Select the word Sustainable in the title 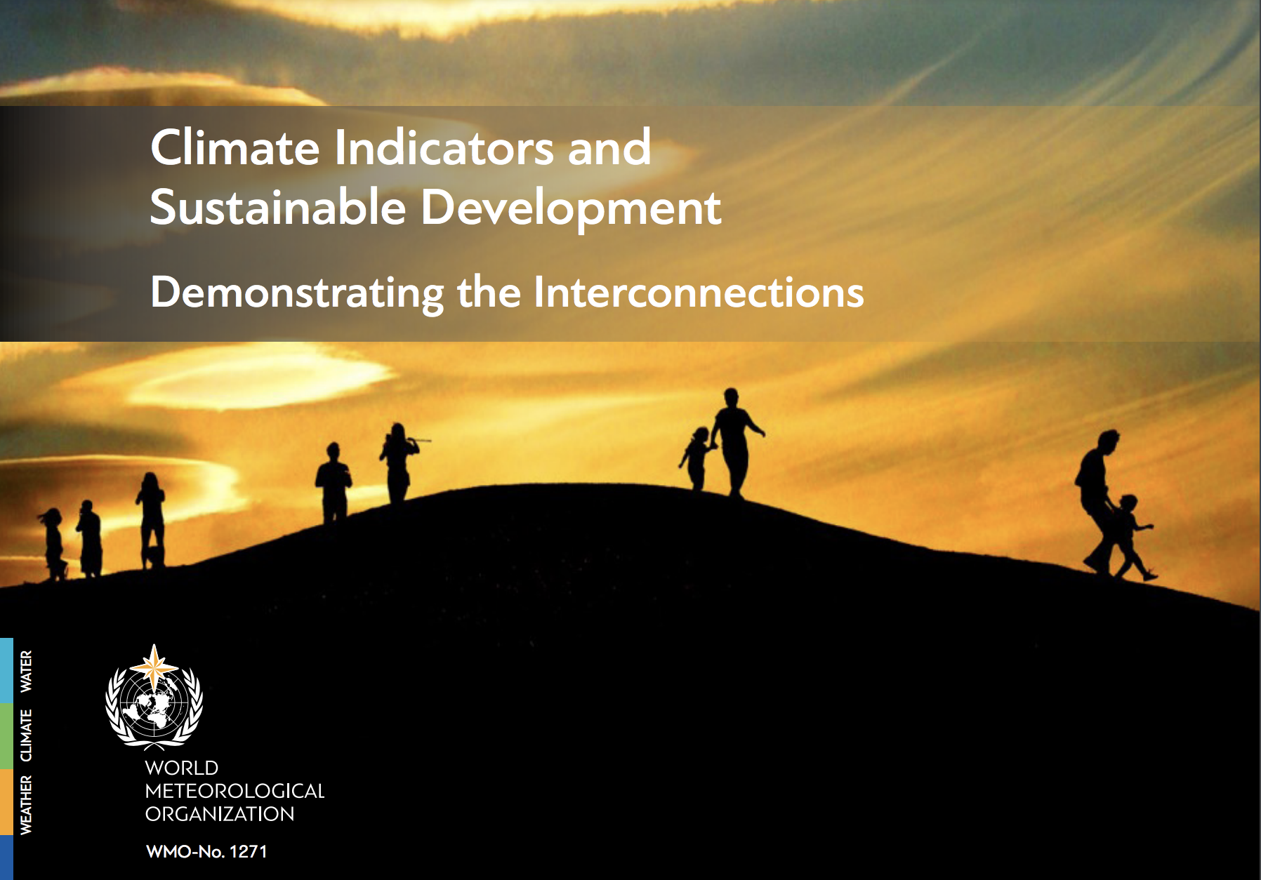(x=278, y=208)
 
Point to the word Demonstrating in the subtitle (x=297, y=293)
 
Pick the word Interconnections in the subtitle (x=699, y=292)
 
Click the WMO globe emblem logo (x=154, y=698)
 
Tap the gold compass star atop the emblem (x=154, y=664)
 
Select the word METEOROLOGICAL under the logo (x=235, y=791)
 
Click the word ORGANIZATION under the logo (x=220, y=814)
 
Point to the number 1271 (x=249, y=852)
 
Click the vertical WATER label (x=26, y=672)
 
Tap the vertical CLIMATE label (x=26, y=735)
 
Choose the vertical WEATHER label (x=26, y=805)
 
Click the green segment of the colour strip (x=6, y=735)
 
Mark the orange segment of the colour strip (x=6, y=802)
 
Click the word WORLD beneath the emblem (x=182, y=768)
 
